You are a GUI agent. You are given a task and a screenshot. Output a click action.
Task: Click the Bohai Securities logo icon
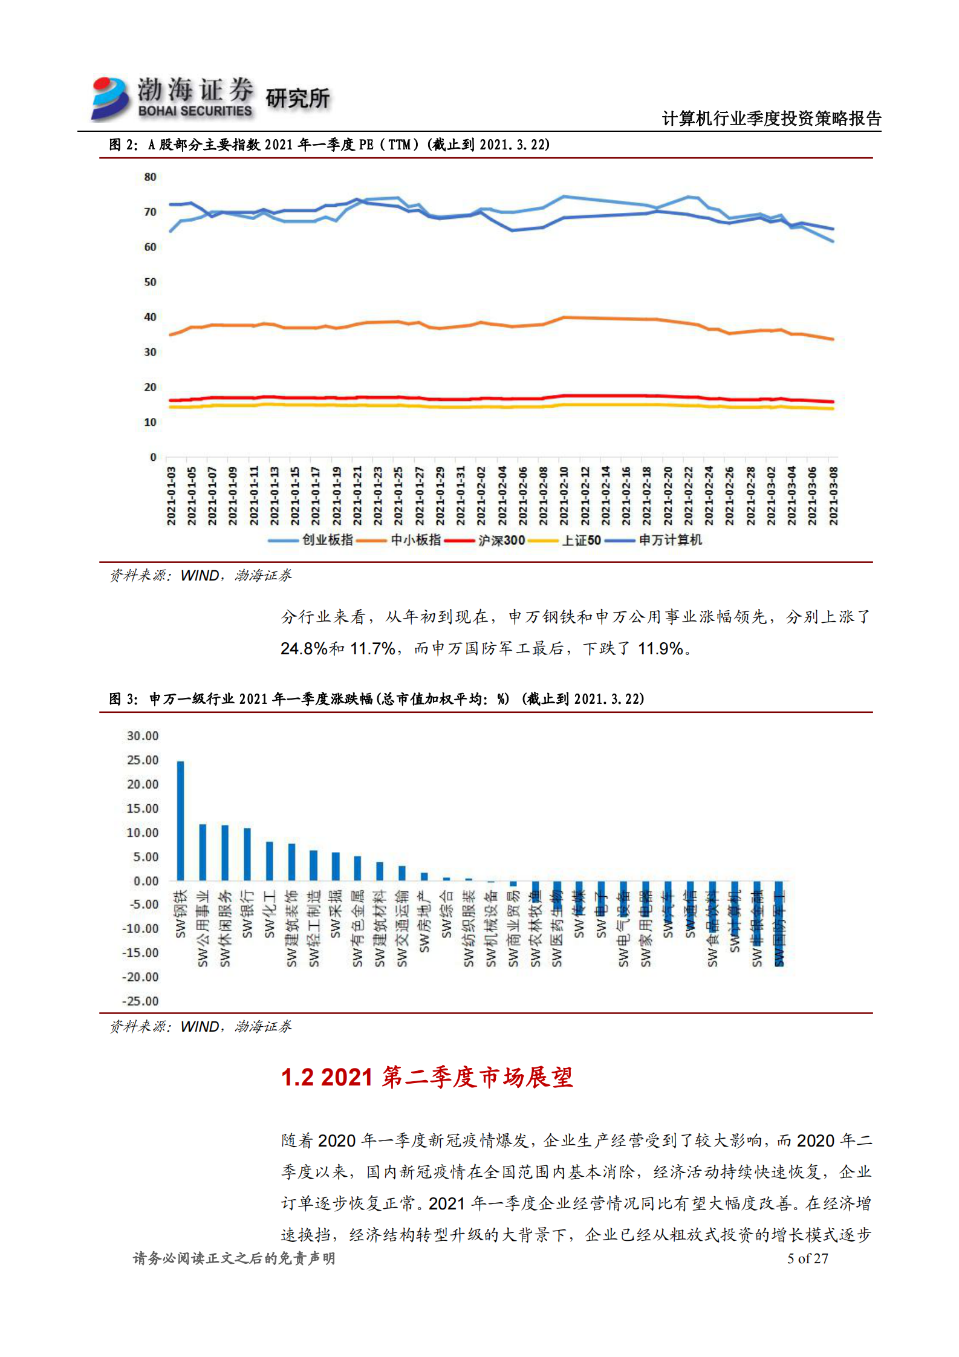click(110, 98)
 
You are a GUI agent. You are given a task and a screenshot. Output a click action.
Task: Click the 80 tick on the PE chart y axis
click(150, 177)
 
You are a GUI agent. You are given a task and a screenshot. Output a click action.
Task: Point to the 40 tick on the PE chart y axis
click(150, 317)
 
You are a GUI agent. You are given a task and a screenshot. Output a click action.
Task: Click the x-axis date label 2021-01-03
click(172, 496)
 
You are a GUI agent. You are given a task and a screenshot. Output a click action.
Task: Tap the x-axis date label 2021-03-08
click(833, 496)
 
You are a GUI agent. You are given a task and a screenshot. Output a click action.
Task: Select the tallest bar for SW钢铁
click(180, 821)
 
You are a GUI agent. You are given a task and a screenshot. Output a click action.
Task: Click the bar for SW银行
click(247, 854)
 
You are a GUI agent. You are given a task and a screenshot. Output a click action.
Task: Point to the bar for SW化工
click(269, 861)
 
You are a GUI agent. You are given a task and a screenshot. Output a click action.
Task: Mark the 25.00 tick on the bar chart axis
click(143, 760)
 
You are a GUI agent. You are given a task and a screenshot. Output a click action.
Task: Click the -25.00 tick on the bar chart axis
click(140, 1001)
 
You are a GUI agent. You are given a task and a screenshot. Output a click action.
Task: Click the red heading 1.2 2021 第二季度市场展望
click(426, 1077)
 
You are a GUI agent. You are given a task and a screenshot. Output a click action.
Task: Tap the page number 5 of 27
click(807, 1258)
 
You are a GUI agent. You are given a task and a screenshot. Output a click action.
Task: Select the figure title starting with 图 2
click(329, 145)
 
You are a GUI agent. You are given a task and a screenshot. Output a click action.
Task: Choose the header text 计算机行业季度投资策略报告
click(771, 119)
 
